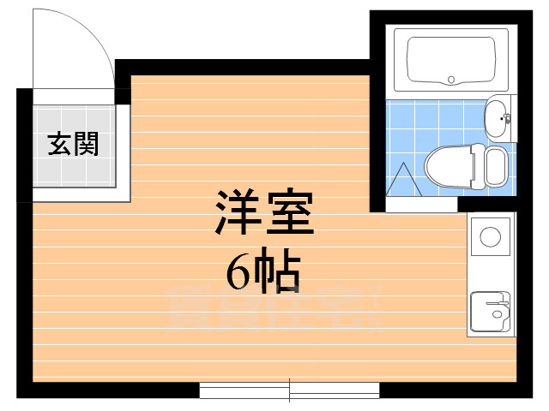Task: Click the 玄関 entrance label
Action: point(73,144)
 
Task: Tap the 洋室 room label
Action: point(263,215)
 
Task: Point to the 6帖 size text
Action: point(263,272)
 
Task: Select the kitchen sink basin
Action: point(489,312)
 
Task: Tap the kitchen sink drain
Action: point(497,314)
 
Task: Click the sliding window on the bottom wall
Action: point(289,390)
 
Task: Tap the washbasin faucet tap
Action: point(507,118)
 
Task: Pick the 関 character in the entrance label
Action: point(86,144)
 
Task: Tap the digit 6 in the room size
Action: point(240,272)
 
